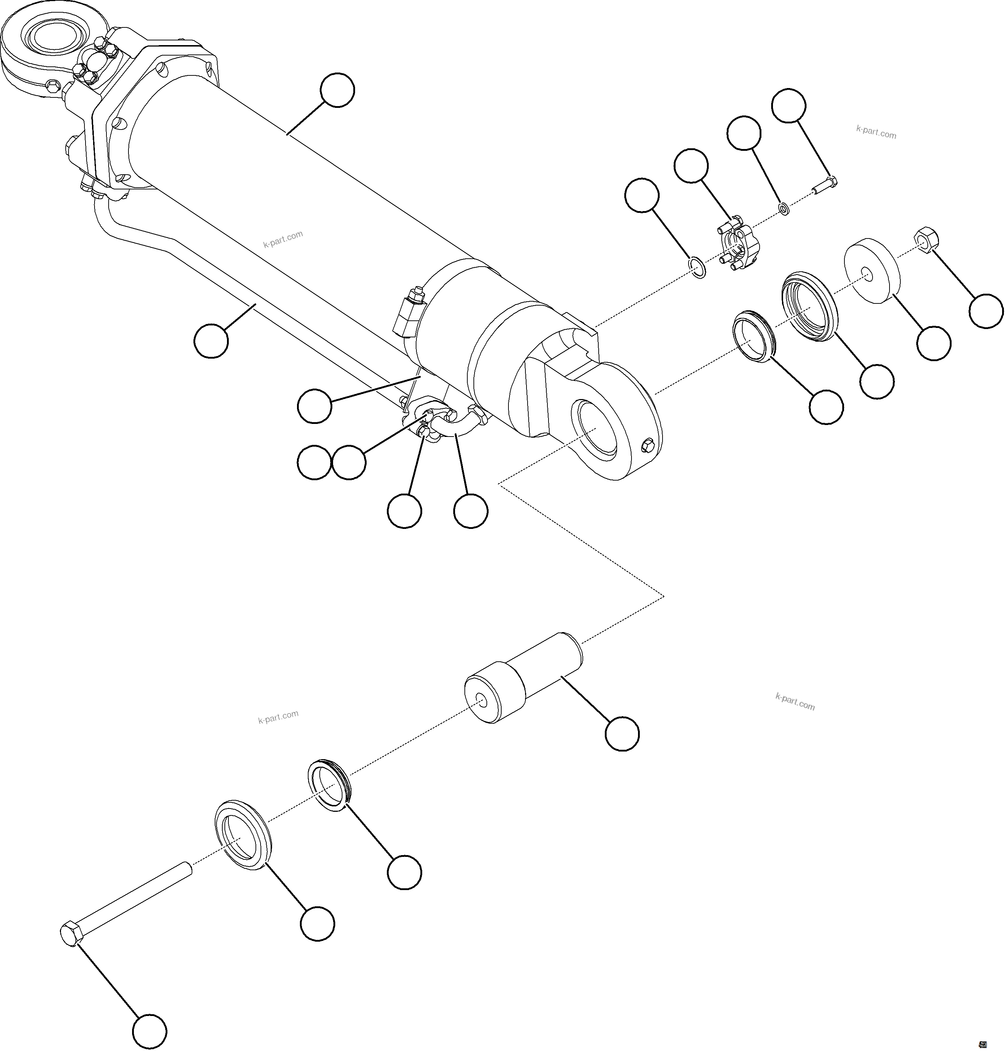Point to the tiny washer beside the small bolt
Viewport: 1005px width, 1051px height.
(x=783, y=208)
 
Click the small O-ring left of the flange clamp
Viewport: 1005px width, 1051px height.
(x=697, y=267)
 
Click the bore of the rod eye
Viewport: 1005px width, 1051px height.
(x=596, y=430)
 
